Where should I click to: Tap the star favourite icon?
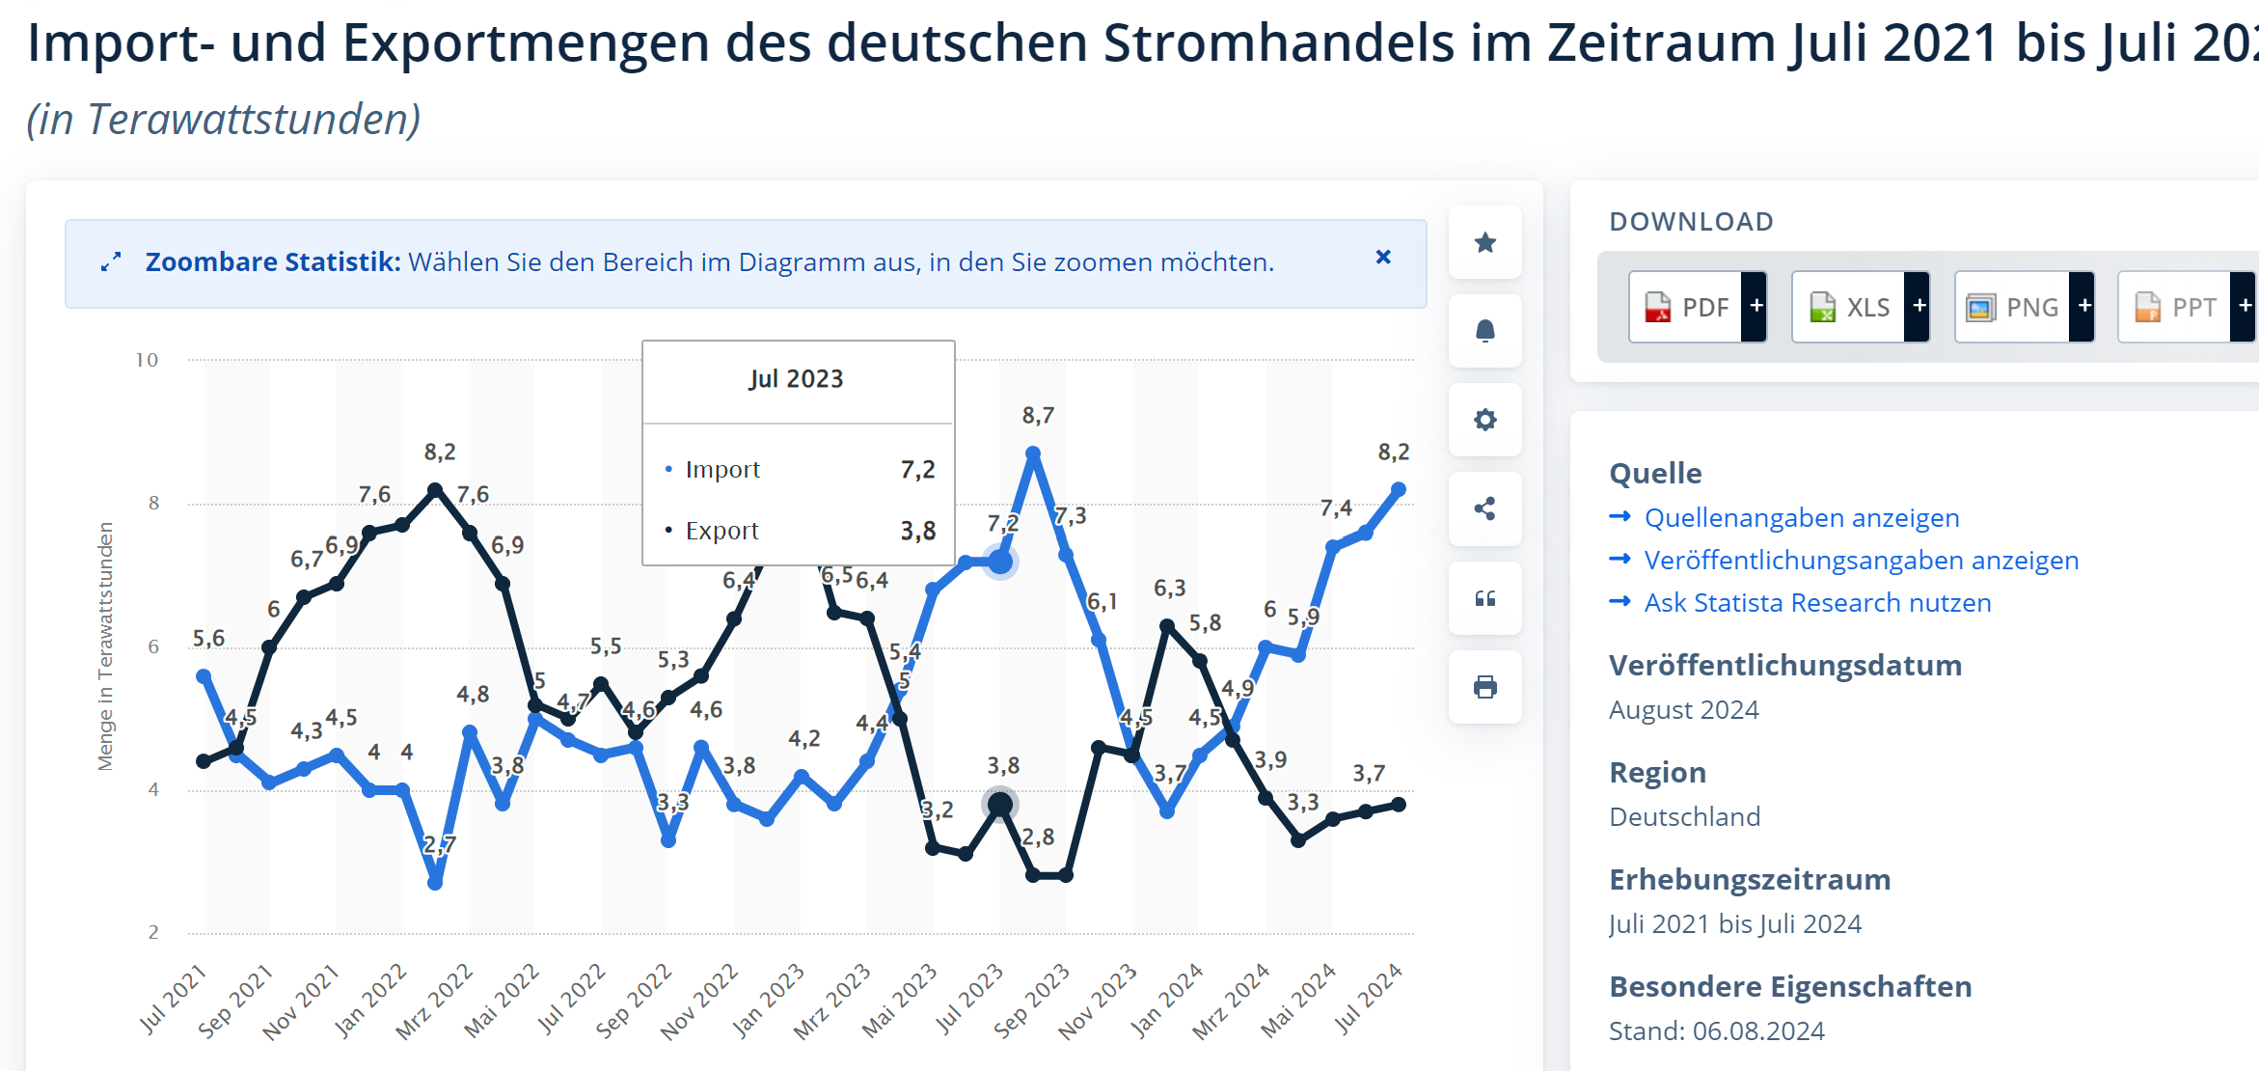pos(1485,242)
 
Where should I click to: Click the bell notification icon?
pos(1485,331)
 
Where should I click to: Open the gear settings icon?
pos(1485,420)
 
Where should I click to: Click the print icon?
pos(1485,687)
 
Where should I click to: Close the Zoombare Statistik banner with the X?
pos(1383,257)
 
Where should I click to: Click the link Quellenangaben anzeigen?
pos(1801,518)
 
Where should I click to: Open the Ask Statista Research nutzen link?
pos(1817,603)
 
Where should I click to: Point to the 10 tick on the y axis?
pos(147,360)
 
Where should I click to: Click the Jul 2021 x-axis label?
pos(174,999)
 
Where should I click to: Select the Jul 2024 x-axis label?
pos(1369,999)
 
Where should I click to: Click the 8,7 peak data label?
pos(1038,416)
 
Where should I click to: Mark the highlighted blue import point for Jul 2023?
pos(1001,562)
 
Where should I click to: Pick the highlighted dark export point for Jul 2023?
pos(1000,804)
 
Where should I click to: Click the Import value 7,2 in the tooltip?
pos(917,470)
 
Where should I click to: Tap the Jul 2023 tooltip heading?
pos(796,379)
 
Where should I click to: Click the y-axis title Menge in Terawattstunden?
pos(105,646)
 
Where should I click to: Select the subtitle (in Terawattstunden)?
pos(224,120)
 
